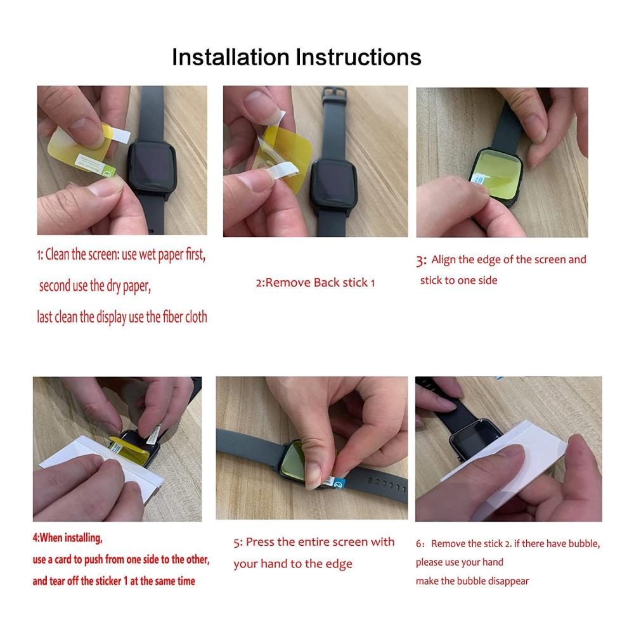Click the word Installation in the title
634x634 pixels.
tap(231, 57)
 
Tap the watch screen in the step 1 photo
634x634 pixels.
tap(152, 163)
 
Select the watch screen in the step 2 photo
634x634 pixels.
tap(333, 180)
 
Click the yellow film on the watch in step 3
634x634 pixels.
tap(496, 172)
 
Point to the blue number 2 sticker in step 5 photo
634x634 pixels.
tap(338, 482)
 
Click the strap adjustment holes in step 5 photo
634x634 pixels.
tap(386, 484)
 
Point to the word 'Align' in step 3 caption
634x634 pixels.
tap(444, 259)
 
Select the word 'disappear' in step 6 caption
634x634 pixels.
tap(508, 581)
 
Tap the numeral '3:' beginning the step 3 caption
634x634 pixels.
tap(421, 261)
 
